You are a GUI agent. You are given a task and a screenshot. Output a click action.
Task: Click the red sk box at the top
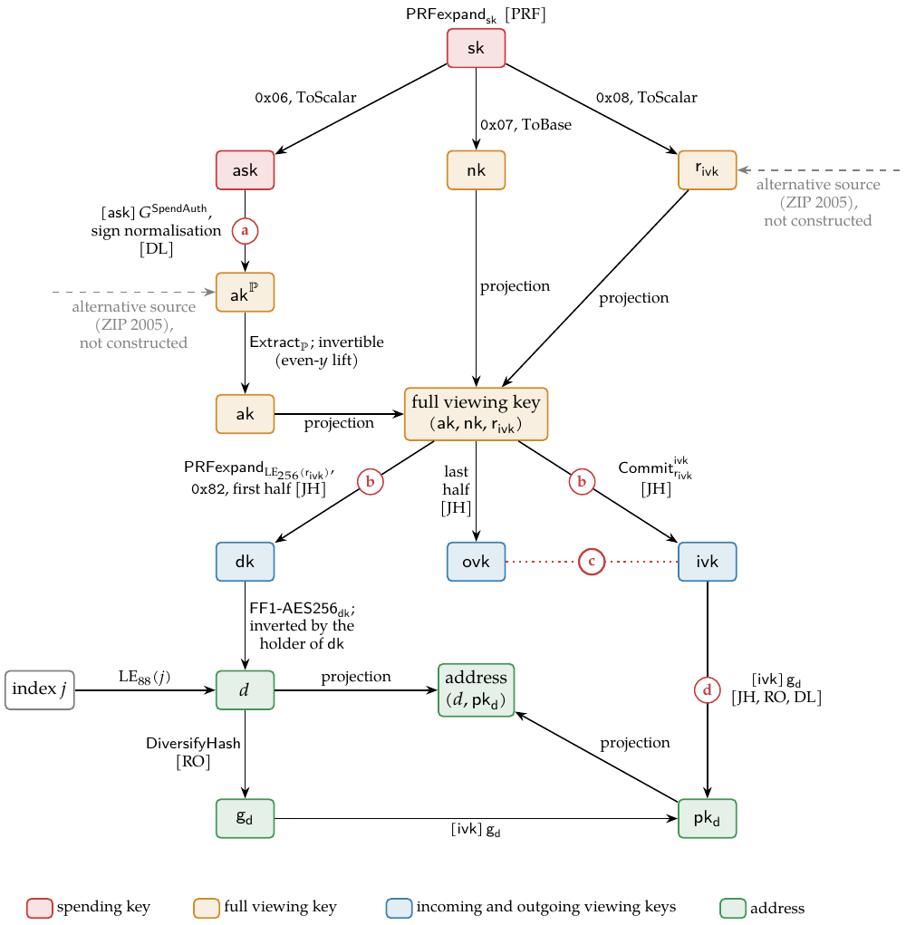476,48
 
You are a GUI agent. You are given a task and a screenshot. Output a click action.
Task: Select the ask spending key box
245,170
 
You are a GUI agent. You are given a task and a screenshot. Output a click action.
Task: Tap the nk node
476,170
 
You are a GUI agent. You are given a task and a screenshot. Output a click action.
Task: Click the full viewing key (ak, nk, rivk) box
476,413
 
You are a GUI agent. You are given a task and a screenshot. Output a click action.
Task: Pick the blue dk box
245,562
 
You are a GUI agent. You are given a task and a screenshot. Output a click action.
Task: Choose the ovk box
476,562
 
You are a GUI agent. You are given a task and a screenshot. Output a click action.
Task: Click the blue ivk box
708,562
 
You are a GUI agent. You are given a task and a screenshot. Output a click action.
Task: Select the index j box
40,689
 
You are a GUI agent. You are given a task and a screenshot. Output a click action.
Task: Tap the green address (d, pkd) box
476,690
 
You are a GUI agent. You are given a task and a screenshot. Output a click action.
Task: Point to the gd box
245,818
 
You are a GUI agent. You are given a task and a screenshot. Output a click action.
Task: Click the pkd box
708,818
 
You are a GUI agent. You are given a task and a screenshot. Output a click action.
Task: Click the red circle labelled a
245,231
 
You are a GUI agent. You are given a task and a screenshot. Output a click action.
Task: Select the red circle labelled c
591,562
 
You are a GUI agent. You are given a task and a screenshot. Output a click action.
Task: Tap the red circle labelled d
708,689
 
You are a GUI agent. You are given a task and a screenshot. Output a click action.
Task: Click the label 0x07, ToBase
525,124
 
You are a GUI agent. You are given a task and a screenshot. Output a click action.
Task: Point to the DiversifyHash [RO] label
193,752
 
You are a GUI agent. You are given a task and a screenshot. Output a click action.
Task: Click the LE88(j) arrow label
145,677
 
